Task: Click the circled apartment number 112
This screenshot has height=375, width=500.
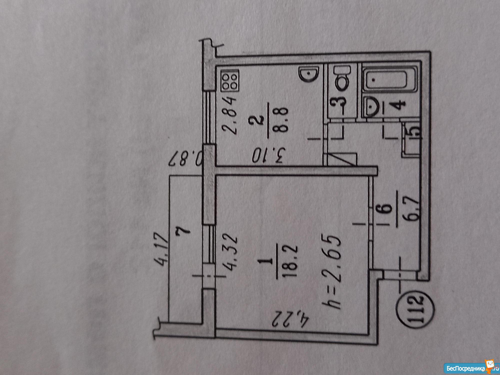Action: (x=416, y=310)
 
